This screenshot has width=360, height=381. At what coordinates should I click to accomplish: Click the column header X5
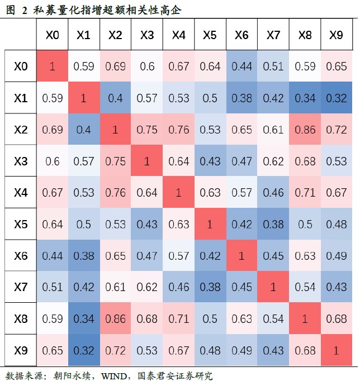point(210,35)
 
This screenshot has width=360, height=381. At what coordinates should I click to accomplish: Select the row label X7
point(20,287)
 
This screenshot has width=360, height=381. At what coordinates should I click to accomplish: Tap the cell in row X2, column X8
point(305,130)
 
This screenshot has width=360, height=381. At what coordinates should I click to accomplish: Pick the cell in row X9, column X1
point(83,350)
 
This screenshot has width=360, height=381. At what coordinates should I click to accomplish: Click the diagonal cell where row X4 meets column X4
point(178,193)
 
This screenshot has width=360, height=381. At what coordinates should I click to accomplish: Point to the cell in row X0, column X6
point(241,66)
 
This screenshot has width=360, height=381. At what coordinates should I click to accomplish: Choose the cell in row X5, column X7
point(273,224)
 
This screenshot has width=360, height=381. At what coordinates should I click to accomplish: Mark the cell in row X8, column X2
point(115,319)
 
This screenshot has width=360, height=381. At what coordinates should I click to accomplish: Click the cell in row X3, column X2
point(115,161)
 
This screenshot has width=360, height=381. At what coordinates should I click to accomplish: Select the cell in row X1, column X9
point(336,98)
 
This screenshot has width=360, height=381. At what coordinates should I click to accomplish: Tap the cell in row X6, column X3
point(146,256)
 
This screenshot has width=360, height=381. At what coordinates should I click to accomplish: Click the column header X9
point(336,35)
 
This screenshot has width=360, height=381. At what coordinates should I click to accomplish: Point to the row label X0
point(20,66)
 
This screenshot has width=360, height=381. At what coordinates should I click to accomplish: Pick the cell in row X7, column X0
point(52,287)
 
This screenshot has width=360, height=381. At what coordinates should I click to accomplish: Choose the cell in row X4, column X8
point(305,193)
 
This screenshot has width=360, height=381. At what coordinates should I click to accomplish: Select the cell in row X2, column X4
point(178,130)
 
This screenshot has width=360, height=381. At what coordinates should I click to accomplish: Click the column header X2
point(115,35)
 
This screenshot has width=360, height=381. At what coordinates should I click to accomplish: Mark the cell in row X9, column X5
point(210,350)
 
